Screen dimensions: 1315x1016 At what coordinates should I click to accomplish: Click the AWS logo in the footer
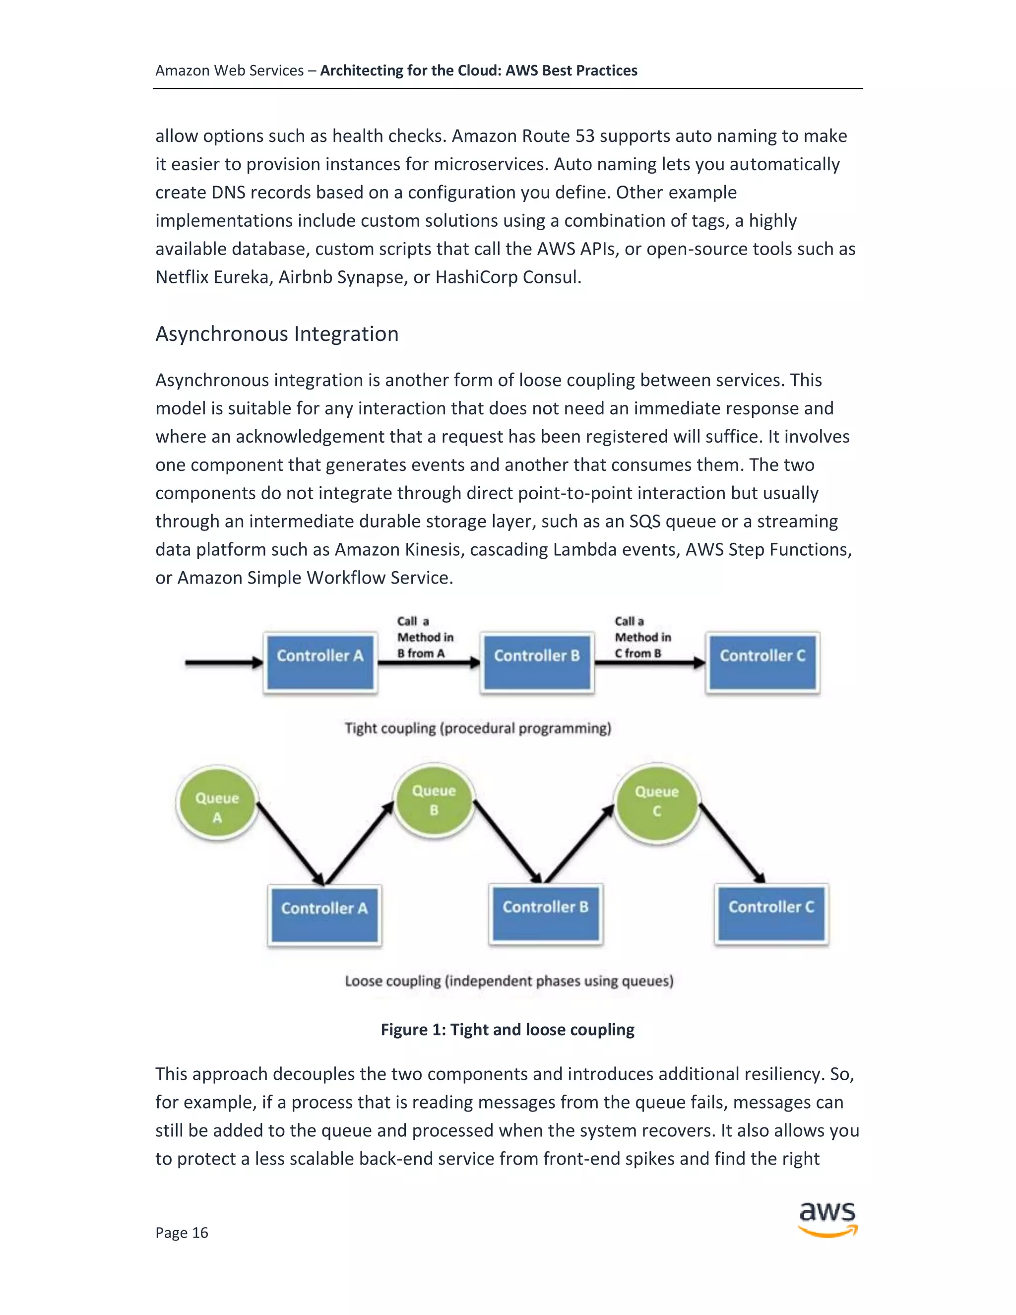click(827, 1219)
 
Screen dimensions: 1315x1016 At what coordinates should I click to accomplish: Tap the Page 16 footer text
click(182, 1233)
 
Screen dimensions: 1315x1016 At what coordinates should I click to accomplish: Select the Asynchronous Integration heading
click(277, 333)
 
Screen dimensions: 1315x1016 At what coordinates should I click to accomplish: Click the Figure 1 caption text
click(508, 1029)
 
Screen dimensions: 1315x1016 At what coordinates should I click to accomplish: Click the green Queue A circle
click(217, 804)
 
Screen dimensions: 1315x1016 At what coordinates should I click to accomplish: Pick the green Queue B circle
click(434, 800)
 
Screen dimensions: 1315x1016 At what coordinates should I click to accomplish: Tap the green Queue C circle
click(657, 801)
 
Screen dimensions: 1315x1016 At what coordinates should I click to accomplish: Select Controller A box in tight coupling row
click(320, 662)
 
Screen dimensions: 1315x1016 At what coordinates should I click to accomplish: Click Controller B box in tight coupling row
click(537, 662)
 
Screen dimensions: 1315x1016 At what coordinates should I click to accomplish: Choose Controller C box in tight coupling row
click(762, 662)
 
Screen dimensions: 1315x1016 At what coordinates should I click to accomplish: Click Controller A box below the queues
click(324, 915)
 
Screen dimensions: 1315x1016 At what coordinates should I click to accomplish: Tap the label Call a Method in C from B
click(642, 637)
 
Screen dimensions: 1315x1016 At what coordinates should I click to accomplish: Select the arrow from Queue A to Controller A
click(290, 843)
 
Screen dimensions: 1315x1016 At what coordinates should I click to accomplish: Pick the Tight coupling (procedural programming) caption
click(478, 728)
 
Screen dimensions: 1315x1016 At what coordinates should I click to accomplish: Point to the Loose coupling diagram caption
click(508, 981)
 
